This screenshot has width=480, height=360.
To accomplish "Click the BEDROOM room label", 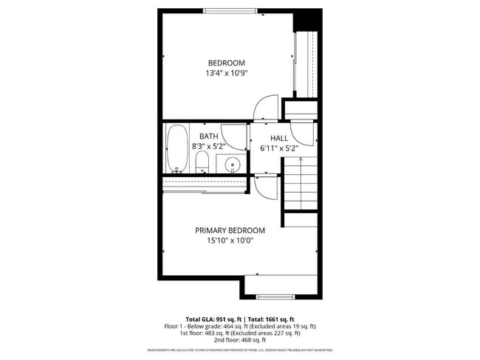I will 226,63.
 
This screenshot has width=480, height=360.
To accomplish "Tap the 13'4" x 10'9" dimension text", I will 226,73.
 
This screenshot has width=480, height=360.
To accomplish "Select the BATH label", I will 208,136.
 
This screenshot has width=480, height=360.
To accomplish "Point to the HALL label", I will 279,138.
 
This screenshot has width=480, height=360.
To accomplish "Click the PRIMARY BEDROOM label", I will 230,230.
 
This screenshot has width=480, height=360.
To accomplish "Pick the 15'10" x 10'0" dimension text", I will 230,240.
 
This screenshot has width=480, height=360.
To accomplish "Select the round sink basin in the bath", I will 233,165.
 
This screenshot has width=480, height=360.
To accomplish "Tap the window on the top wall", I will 230,10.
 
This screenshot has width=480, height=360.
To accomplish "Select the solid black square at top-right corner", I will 307,20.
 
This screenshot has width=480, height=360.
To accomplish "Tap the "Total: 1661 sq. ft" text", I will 270,319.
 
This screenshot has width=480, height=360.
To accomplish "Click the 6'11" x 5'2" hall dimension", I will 279,148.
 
